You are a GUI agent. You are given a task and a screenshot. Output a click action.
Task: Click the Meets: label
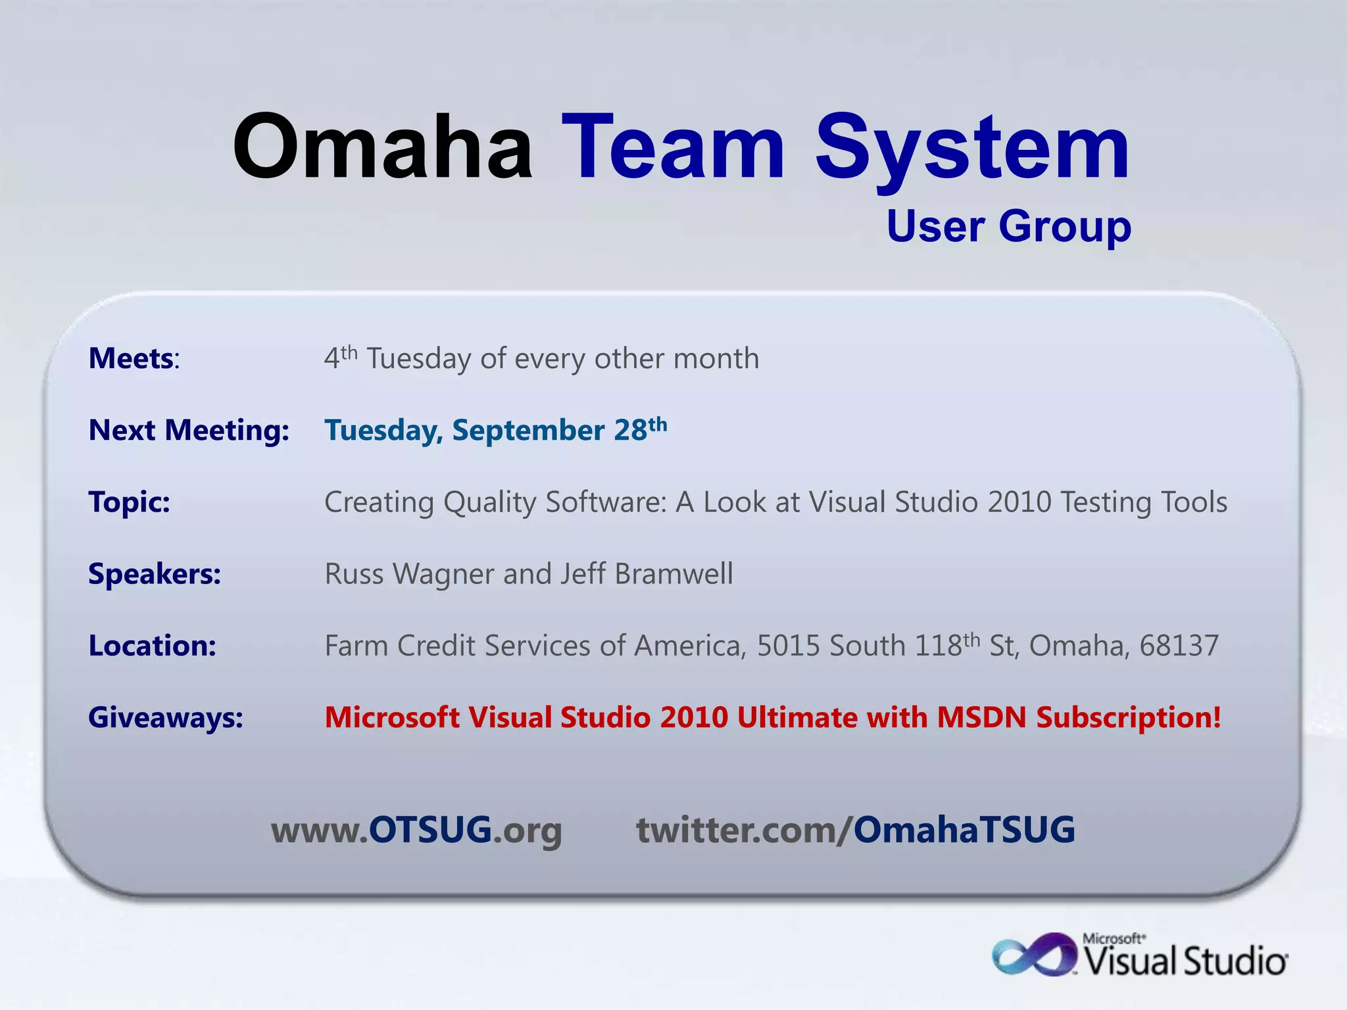(134, 359)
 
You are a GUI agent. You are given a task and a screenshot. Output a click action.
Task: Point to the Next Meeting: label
(189, 431)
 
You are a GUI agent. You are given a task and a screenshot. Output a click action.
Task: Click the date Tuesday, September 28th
(496, 431)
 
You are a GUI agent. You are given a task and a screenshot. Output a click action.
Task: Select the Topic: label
(130, 502)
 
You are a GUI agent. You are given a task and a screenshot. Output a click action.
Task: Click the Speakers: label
(155, 574)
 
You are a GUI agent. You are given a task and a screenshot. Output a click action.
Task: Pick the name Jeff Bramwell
(647, 574)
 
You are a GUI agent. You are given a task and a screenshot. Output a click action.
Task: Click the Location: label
(153, 646)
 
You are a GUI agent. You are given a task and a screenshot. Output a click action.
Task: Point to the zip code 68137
(1179, 646)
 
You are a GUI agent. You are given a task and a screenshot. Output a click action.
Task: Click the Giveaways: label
(166, 717)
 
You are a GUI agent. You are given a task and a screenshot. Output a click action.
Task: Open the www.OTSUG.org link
(416, 830)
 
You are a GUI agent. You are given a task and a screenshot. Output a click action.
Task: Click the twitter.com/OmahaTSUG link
(855, 830)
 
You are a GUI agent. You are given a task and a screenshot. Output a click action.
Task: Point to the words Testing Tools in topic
(1144, 502)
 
